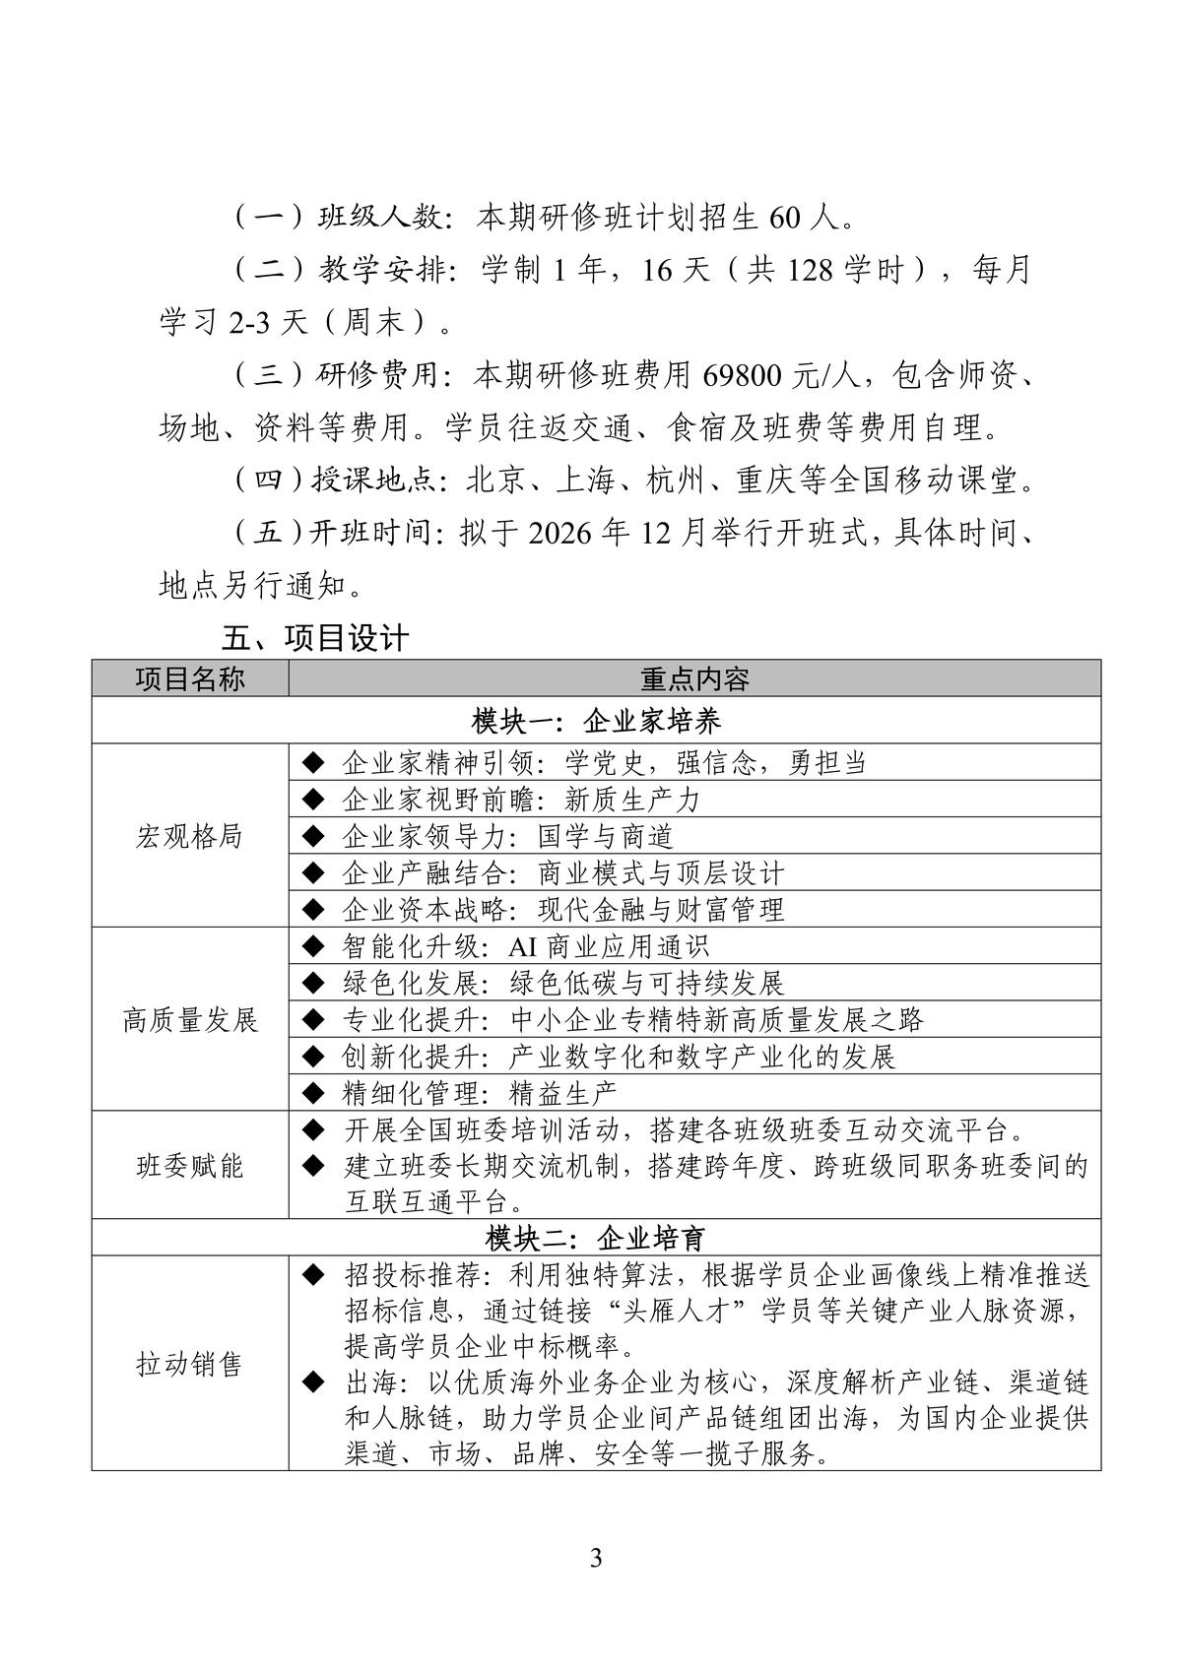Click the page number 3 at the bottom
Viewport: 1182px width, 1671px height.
pyautogui.click(x=595, y=1559)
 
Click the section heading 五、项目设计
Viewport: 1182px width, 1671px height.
pyautogui.click(x=315, y=638)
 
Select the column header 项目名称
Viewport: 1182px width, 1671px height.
pyautogui.click(x=190, y=678)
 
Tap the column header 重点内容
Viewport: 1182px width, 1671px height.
pyautogui.click(x=694, y=678)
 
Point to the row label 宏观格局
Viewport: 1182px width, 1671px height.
pyautogui.click(x=190, y=836)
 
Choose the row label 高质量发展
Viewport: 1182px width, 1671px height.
pyautogui.click(x=190, y=1019)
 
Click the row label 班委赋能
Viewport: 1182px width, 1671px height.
pyautogui.click(x=190, y=1166)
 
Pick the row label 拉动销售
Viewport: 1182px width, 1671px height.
pyautogui.click(x=190, y=1364)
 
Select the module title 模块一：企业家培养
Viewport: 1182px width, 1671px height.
pyautogui.click(x=596, y=721)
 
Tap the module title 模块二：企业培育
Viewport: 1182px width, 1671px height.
pyautogui.click(x=596, y=1238)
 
